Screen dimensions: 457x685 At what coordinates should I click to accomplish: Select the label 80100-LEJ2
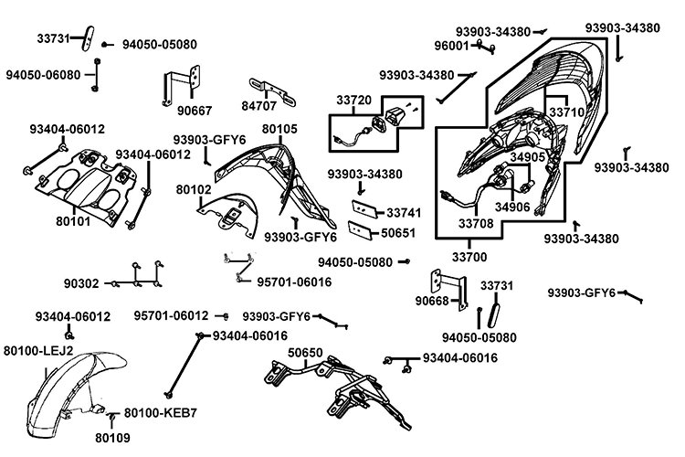[39, 350]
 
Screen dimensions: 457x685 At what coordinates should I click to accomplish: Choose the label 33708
[477, 222]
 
